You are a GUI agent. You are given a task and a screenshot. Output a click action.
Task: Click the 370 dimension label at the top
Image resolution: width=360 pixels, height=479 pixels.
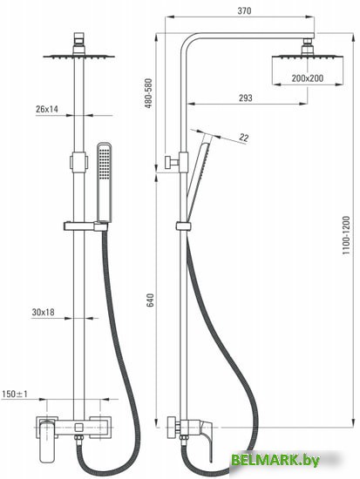click(244, 10)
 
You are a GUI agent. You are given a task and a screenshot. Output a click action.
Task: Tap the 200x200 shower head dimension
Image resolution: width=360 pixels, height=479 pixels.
click(307, 78)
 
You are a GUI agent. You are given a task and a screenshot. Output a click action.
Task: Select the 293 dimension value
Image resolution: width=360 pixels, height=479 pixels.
click(245, 98)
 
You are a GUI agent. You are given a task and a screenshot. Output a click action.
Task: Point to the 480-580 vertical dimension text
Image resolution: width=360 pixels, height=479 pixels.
click(148, 93)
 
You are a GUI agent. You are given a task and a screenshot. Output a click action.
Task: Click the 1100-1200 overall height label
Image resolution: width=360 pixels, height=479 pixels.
click(346, 235)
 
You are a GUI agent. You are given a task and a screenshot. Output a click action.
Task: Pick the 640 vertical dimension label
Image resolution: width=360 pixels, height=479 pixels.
click(151, 300)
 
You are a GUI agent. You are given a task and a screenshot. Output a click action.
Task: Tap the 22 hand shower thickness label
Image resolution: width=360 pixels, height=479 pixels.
click(244, 138)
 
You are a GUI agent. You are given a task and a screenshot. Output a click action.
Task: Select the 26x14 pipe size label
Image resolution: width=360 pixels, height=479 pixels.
click(47, 109)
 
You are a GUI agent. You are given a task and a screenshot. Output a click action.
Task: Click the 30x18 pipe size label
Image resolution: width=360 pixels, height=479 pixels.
click(43, 312)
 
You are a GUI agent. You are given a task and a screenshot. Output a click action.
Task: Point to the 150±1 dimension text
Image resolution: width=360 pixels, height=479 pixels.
click(15, 394)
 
